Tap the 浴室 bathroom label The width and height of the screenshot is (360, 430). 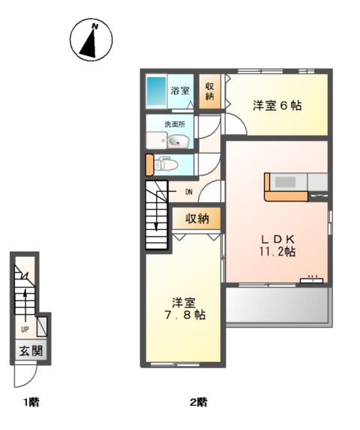click(x=180, y=91)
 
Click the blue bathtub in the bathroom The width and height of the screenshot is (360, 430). click(x=156, y=92)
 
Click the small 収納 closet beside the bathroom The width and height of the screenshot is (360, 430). click(x=209, y=91)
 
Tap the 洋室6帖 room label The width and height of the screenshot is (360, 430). click(x=277, y=106)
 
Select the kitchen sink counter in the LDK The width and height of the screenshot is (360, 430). click(x=295, y=183)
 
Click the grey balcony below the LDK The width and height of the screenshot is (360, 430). click(x=277, y=306)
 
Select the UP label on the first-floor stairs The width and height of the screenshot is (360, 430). click(x=25, y=330)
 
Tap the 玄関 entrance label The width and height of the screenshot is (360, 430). click(x=30, y=351)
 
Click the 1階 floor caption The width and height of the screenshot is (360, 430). click(x=30, y=402)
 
